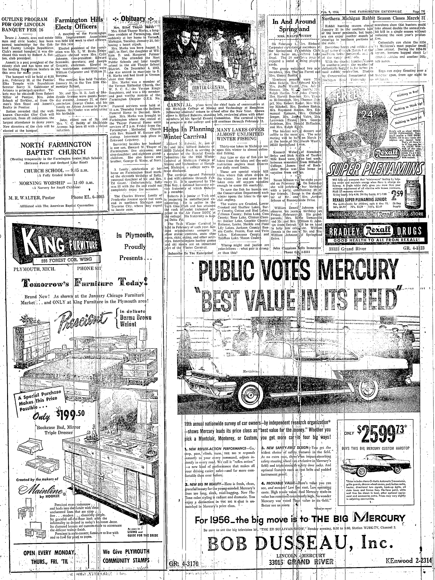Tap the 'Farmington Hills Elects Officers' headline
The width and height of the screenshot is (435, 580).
click(x=79, y=23)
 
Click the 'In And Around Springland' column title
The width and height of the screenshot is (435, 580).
click(x=294, y=25)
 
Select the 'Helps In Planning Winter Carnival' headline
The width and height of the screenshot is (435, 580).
click(x=189, y=133)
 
